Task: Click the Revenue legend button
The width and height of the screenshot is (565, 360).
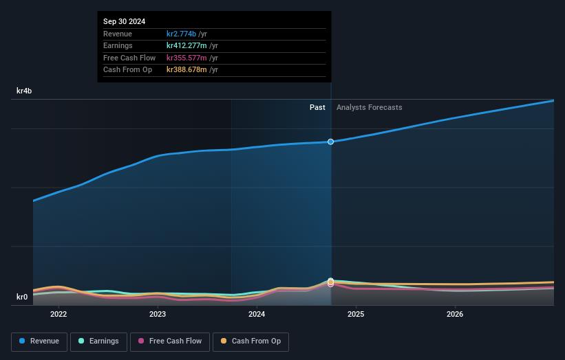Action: (x=39, y=341)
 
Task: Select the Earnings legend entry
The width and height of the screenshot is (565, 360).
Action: (x=98, y=341)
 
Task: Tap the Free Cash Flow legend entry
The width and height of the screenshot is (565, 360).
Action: (x=169, y=341)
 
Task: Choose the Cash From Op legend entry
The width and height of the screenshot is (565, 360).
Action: (x=250, y=341)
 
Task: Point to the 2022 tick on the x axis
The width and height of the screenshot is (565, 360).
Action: (x=58, y=315)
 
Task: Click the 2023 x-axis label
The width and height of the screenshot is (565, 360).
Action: (x=158, y=315)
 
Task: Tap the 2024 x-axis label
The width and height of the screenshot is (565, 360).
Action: (x=257, y=315)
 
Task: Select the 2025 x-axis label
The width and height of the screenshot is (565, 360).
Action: (x=356, y=315)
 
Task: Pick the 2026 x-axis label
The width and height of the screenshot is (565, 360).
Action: (x=455, y=315)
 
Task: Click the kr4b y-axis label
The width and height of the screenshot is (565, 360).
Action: (x=25, y=91)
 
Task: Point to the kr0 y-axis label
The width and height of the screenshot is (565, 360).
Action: (x=22, y=297)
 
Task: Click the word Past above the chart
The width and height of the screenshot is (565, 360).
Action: (x=317, y=107)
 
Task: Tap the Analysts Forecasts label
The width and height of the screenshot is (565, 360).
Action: (x=369, y=107)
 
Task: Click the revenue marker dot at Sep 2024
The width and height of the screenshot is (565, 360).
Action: (x=331, y=142)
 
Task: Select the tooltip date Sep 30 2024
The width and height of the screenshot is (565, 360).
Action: (x=125, y=22)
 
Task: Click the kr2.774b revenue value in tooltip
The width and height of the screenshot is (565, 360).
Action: (x=182, y=34)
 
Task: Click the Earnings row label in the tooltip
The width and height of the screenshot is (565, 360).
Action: (x=118, y=46)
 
